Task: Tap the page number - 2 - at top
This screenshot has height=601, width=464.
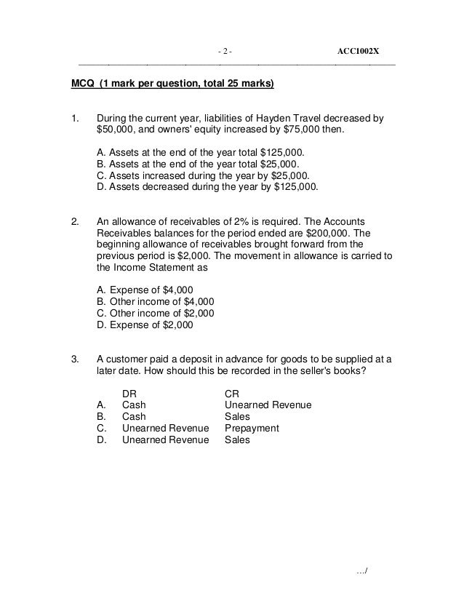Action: (x=225, y=51)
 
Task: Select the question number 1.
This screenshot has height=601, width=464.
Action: (x=73, y=118)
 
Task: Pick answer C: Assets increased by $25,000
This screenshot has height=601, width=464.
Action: (x=203, y=175)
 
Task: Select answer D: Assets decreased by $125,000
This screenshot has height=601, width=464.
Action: (x=207, y=187)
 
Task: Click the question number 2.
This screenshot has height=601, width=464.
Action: (x=73, y=221)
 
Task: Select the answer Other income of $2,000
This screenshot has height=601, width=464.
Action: (x=156, y=314)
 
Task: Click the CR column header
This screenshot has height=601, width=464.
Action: (x=232, y=394)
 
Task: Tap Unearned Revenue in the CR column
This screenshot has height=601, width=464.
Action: (x=268, y=405)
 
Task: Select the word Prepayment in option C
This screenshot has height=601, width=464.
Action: (x=252, y=429)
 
